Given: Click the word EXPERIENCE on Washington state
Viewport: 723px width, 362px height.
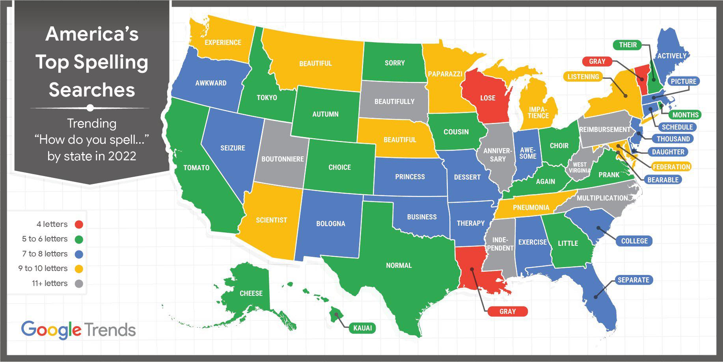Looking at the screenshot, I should point(223,43).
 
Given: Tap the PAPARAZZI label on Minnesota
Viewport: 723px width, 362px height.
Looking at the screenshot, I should point(445,74).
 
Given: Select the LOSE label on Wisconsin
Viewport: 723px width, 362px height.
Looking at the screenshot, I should point(488,98).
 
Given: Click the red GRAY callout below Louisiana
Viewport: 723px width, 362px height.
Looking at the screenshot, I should point(507,312).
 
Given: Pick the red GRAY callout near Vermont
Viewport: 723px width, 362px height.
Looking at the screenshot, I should point(597,61).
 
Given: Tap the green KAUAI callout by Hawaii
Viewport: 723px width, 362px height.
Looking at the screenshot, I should point(362,328).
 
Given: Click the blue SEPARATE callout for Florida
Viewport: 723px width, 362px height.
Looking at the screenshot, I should point(633,280).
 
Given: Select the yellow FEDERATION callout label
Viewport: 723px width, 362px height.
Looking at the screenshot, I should point(671,167).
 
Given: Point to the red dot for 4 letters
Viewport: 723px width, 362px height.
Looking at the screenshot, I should point(79,225).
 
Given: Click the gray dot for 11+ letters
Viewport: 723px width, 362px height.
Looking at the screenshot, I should point(79,284).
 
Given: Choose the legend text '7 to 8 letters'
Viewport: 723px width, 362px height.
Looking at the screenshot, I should point(45,254).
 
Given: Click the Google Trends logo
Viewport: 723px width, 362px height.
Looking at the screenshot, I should point(78,330).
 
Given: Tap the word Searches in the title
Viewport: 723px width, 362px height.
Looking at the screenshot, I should point(92,90).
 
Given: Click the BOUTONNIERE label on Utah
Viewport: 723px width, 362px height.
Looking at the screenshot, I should point(283,159).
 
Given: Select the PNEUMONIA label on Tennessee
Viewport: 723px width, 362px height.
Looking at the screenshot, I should point(531,208).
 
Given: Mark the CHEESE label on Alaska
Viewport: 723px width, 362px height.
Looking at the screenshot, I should point(251,293).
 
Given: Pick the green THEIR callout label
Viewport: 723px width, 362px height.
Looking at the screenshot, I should point(628,45).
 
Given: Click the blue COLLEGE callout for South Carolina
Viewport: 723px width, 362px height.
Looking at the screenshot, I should point(634,241).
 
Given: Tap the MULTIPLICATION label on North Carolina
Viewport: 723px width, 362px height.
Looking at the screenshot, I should point(602,198).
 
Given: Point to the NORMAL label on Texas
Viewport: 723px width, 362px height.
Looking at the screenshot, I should point(399,265).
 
